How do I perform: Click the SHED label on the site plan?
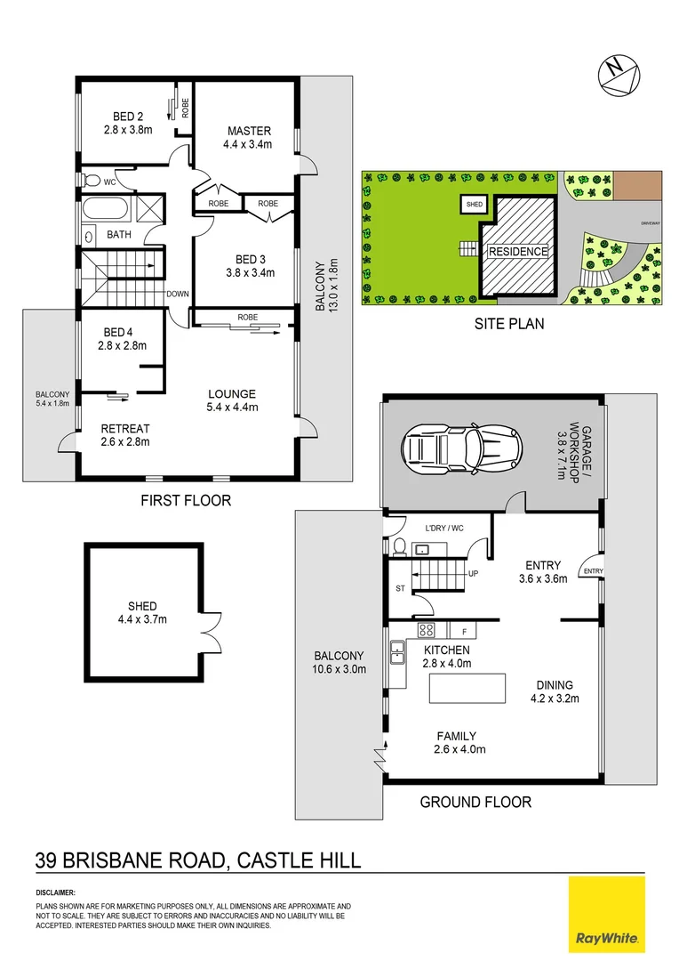(475, 205)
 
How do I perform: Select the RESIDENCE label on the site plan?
(518, 252)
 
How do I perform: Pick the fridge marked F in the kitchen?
(464, 631)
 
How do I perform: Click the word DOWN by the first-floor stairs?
(177, 295)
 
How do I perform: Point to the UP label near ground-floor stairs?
(474, 574)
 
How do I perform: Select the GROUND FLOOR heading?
(475, 803)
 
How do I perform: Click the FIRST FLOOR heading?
(186, 501)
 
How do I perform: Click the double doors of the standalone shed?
(211, 631)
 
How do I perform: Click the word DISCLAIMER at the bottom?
(55, 892)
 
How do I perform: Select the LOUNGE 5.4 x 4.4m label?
(232, 401)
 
